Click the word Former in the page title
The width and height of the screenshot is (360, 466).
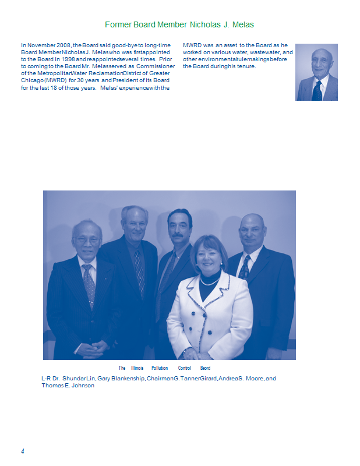tap(117, 25)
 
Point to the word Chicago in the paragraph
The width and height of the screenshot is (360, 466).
tap(31, 81)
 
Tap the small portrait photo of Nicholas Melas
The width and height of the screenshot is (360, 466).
tap(316, 72)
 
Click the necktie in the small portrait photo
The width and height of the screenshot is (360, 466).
tap(317, 90)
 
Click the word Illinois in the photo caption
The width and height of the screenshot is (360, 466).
tap(137, 368)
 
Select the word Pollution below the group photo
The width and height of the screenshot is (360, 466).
tap(160, 368)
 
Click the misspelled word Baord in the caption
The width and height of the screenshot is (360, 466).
tap(205, 368)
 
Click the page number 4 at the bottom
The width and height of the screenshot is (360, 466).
tap(22, 451)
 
